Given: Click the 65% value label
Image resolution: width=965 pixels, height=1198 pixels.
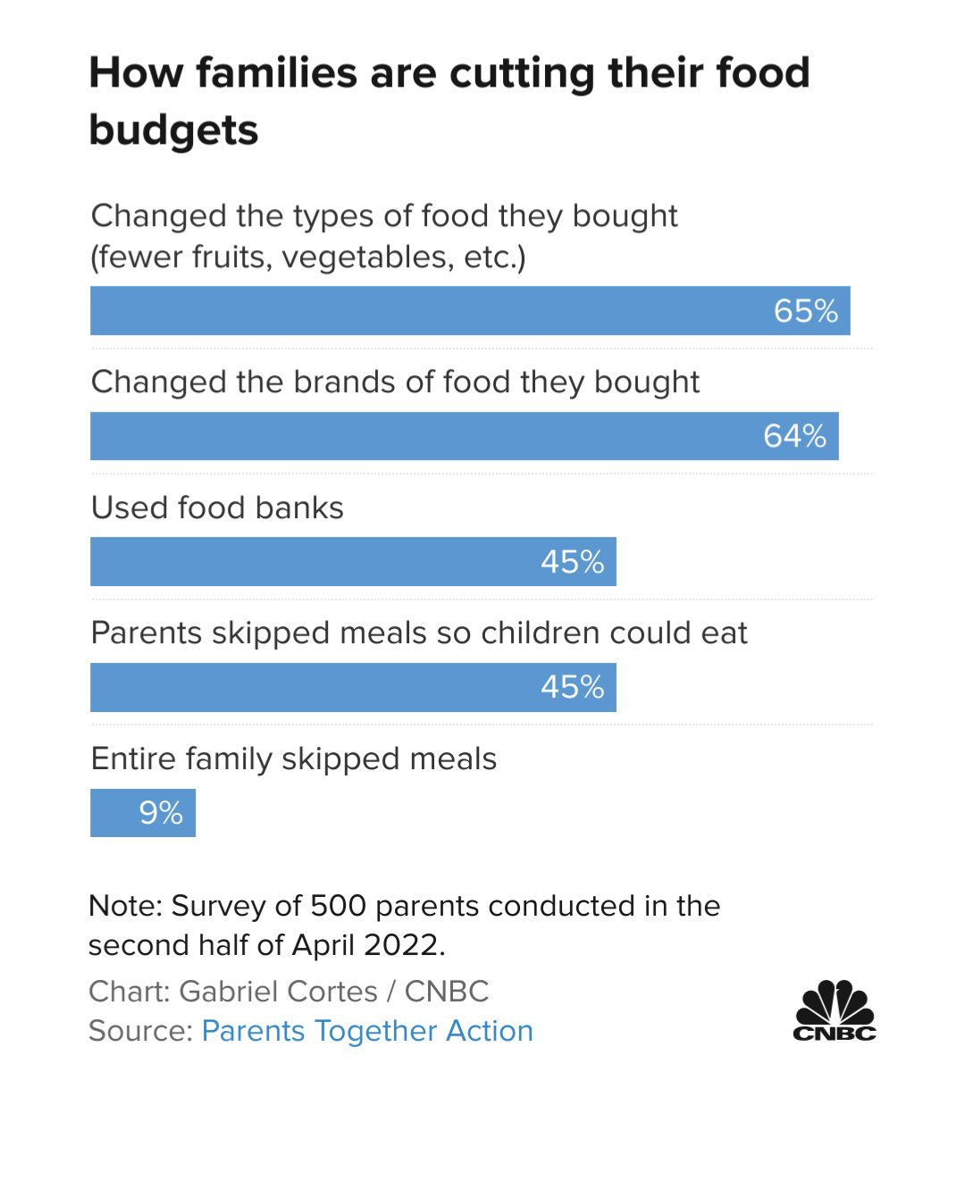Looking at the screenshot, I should click(805, 311).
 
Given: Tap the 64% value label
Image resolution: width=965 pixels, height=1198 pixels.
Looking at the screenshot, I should click(794, 436).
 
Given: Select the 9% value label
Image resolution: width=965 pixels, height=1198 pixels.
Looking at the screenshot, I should click(161, 813).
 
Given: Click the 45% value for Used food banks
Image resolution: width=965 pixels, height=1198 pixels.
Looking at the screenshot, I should click(572, 562).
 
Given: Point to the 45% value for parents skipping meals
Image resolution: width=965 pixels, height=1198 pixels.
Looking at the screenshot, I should click(572, 687).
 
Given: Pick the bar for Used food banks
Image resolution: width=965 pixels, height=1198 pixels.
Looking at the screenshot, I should click(313, 562).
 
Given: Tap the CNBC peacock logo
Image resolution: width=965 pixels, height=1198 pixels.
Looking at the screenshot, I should click(835, 1010).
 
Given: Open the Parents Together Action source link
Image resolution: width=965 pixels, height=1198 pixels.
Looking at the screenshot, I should click(367, 1031).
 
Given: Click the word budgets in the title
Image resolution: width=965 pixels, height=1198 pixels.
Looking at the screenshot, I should click(173, 130).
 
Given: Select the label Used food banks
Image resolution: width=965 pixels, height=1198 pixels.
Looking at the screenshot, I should click(217, 507).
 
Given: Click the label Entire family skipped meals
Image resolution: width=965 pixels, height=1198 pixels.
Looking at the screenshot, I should click(293, 758).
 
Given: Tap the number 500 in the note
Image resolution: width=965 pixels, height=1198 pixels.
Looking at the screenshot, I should click(338, 906).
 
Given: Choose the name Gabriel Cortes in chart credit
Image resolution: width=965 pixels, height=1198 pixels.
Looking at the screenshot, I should click(278, 992).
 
